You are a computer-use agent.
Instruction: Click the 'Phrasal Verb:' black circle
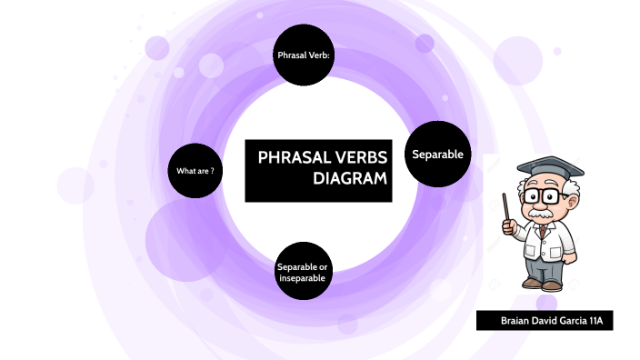(x=304, y=55)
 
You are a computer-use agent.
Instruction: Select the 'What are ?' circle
(x=195, y=171)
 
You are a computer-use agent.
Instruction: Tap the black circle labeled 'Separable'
(x=437, y=154)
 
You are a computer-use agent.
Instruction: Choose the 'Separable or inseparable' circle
(x=304, y=271)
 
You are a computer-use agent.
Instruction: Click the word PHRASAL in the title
(x=294, y=157)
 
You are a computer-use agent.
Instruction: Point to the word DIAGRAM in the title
(x=350, y=178)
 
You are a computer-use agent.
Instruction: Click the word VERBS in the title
(x=361, y=157)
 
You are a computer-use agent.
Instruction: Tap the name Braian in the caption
(x=515, y=321)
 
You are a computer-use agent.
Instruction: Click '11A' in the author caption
(x=596, y=321)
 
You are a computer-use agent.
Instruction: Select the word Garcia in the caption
(x=573, y=321)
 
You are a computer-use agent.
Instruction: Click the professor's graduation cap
(x=551, y=169)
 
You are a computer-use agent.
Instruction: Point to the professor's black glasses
(x=544, y=195)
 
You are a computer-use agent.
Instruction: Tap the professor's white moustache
(x=541, y=213)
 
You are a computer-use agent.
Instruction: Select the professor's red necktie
(x=542, y=232)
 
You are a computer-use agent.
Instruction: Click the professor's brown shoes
(x=542, y=284)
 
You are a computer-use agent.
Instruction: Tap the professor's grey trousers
(x=544, y=268)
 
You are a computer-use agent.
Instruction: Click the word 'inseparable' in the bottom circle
(x=303, y=278)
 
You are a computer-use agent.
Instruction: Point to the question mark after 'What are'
(x=212, y=171)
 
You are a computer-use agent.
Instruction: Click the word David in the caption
(x=544, y=321)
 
